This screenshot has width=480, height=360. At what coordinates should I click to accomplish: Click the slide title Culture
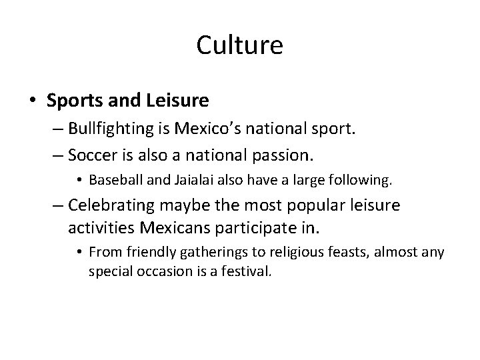(x=240, y=46)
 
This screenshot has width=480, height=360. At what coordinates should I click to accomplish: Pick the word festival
(x=249, y=271)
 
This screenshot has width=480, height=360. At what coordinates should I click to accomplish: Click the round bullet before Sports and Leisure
(x=33, y=101)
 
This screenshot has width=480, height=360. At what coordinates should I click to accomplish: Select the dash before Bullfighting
(x=57, y=129)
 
